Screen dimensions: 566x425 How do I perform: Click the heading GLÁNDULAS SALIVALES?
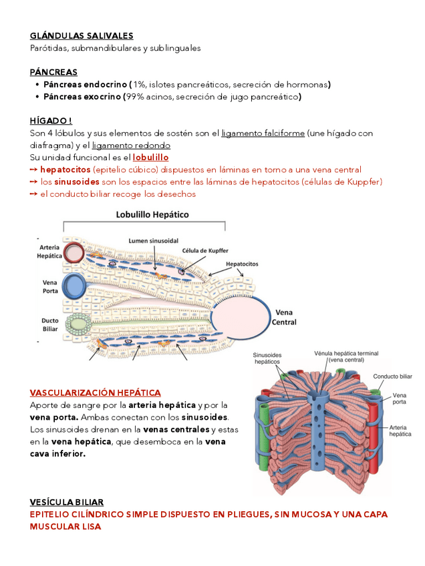[x=82, y=36]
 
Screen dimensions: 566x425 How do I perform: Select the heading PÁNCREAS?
[x=53, y=72]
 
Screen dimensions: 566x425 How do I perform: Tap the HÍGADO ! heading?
[x=51, y=121]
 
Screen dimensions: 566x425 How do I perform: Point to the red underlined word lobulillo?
[x=150, y=158]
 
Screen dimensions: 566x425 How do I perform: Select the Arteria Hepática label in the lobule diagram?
[x=50, y=252]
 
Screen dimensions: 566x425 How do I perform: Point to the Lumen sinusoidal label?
[x=153, y=240]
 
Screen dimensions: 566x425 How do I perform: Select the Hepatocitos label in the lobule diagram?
[x=242, y=264]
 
